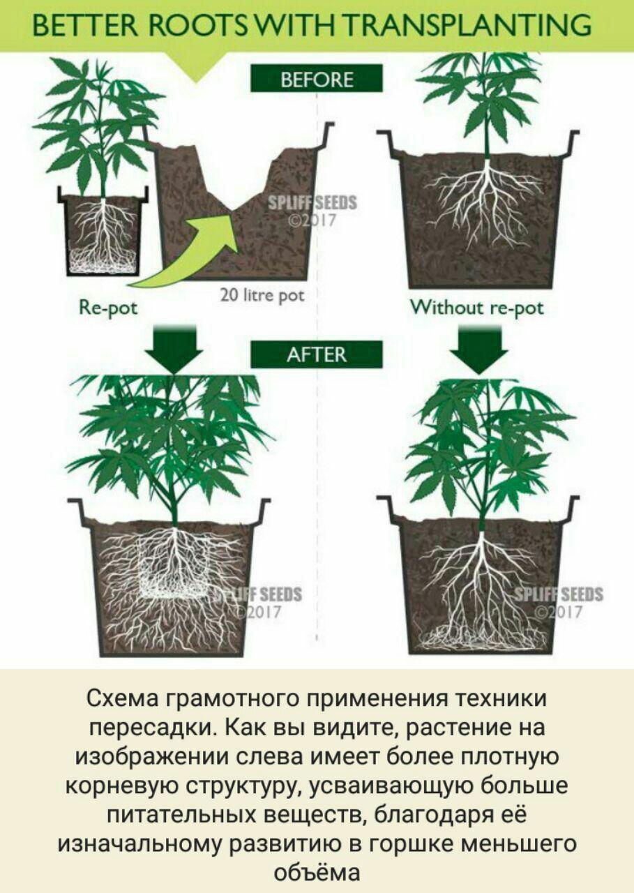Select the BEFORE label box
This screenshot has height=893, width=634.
pyautogui.click(x=317, y=78)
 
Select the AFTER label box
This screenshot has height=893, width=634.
pyautogui.click(x=317, y=354)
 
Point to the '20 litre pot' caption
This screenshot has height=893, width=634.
pyautogui.click(x=262, y=295)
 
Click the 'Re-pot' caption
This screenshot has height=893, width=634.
pyautogui.click(x=109, y=308)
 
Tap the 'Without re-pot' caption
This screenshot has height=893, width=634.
pyautogui.click(x=477, y=308)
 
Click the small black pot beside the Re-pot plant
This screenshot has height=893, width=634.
pyautogui.click(x=104, y=234)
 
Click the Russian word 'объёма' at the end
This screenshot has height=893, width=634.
pyautogui.click(x=317, y=872)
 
